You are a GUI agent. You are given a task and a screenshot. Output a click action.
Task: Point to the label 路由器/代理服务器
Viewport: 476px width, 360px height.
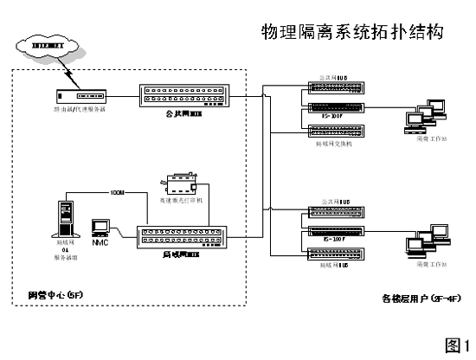[x=79, y=109]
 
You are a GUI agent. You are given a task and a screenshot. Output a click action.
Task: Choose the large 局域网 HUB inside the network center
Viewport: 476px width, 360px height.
[x=185, y=236]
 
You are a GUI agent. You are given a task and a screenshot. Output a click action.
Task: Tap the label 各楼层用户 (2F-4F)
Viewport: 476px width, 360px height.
[x=416, y=299]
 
